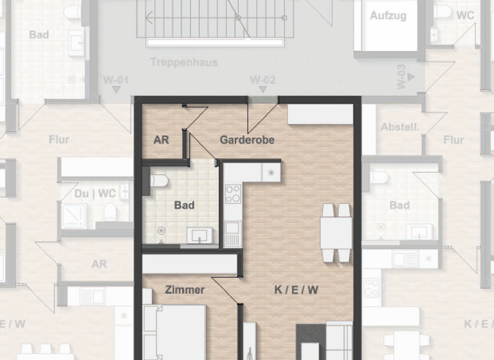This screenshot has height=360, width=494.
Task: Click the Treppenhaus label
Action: pos(183,62)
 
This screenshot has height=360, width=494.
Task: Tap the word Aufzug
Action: pos(388,15)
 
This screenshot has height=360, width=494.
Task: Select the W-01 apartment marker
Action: pos(116,80)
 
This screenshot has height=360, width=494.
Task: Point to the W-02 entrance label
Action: pos(262,80)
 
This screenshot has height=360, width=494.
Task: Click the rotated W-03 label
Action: pos(401,76)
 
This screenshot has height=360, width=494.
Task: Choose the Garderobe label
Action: pos(247,139)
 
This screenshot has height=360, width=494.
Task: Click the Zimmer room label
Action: pos(185,290)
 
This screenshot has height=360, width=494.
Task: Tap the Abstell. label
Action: pos(399,127)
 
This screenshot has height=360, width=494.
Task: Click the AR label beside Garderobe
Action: pos(161,139)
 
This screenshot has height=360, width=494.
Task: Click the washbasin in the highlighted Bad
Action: pos(199,236)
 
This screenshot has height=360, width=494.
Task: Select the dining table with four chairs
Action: pos(336,232)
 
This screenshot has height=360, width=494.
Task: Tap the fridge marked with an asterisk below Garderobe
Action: pos(271,172)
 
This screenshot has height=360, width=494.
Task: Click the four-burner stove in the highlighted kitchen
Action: pos(232,194)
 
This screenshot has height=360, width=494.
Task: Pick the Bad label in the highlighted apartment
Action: pos(184,206)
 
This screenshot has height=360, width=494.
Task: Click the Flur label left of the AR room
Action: pos(59,139)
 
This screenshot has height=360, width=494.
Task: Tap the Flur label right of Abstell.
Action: pos(453,139)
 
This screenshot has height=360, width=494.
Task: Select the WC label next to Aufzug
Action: pos(465,15)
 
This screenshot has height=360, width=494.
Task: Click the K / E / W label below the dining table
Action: pos(296,290)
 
